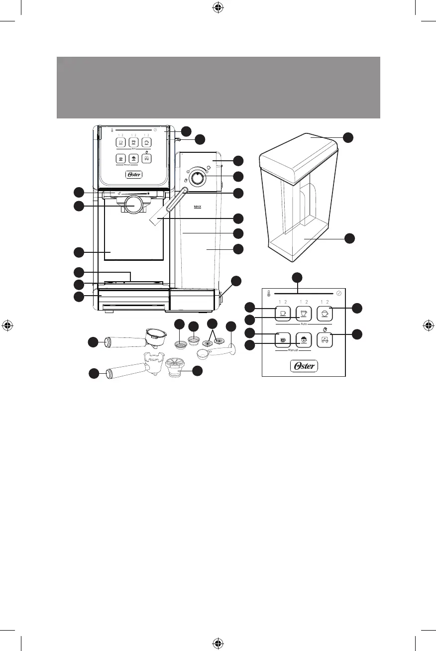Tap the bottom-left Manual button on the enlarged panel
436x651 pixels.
coord(282,340)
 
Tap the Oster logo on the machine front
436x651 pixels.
coord(132,175)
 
